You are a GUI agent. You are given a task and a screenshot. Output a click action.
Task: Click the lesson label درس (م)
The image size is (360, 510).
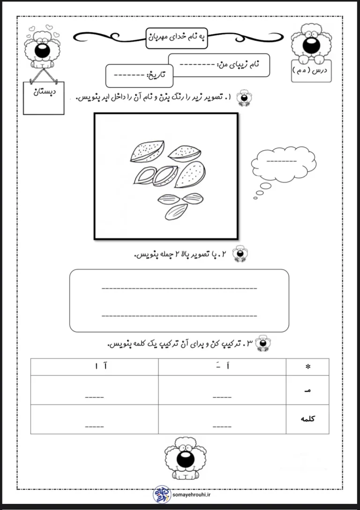coord(311,71)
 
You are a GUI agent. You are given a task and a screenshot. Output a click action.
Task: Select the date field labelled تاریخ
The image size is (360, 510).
coord(139,75)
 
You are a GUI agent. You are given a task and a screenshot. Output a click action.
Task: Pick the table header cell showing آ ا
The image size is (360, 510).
coord(95,367)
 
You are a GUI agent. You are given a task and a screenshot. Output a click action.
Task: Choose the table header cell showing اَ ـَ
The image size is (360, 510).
coord(222,367)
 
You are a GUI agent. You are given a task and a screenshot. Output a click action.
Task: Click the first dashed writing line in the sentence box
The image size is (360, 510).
coord(179,288)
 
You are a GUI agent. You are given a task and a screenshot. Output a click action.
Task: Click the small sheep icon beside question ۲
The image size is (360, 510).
coord(240,253)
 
